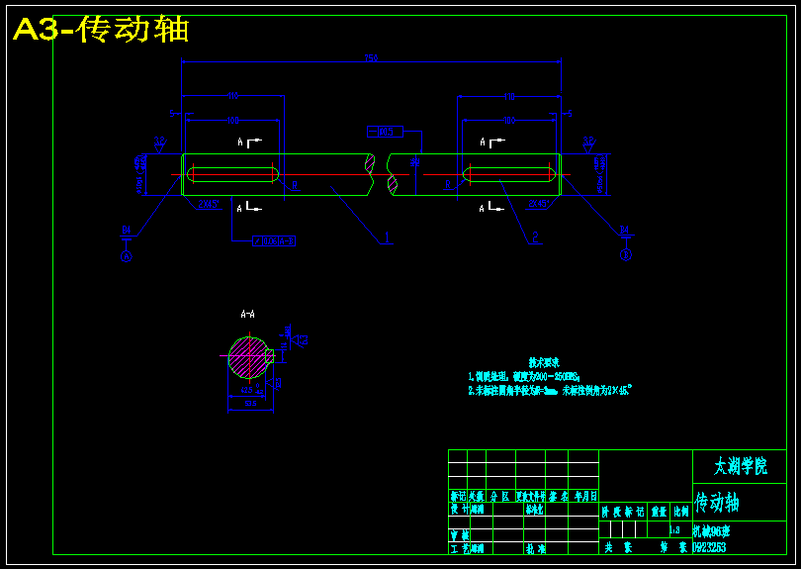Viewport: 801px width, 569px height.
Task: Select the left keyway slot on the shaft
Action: pos(232,174)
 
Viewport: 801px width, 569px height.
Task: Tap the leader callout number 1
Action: pos(387,237)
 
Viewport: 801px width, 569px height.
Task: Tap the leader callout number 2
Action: pos(535,237)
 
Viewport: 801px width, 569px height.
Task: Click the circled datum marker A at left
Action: pos(126,255)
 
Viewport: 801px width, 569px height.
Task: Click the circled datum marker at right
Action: pos(625,255)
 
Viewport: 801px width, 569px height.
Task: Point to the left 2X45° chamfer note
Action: pos(208,204)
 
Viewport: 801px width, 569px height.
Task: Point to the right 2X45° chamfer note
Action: pos(538,204)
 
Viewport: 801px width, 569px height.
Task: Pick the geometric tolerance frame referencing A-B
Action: pos(275,239)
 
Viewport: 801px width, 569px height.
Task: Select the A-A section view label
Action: pos(247,314)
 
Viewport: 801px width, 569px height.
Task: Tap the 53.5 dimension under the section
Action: pos(250,404)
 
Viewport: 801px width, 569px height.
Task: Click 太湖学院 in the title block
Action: pos(740,465)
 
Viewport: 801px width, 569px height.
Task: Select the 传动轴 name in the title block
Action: pos(717,502)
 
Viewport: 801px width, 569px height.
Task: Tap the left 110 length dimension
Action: pos(233,96)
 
